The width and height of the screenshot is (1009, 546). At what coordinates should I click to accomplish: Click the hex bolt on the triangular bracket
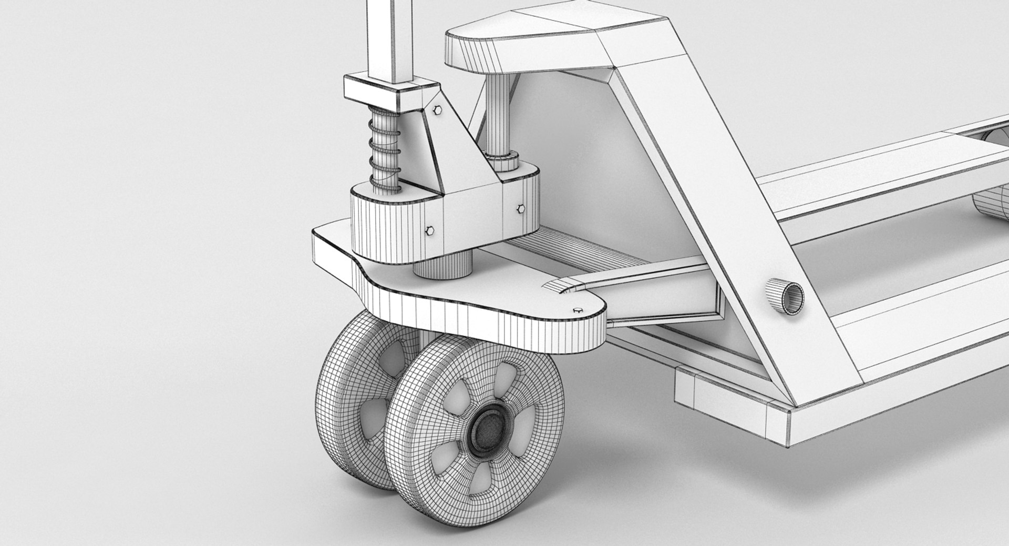(437, 110)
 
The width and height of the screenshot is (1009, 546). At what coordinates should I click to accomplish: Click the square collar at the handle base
(390, 90)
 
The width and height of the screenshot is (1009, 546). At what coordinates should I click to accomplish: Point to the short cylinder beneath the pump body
(442, 266)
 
